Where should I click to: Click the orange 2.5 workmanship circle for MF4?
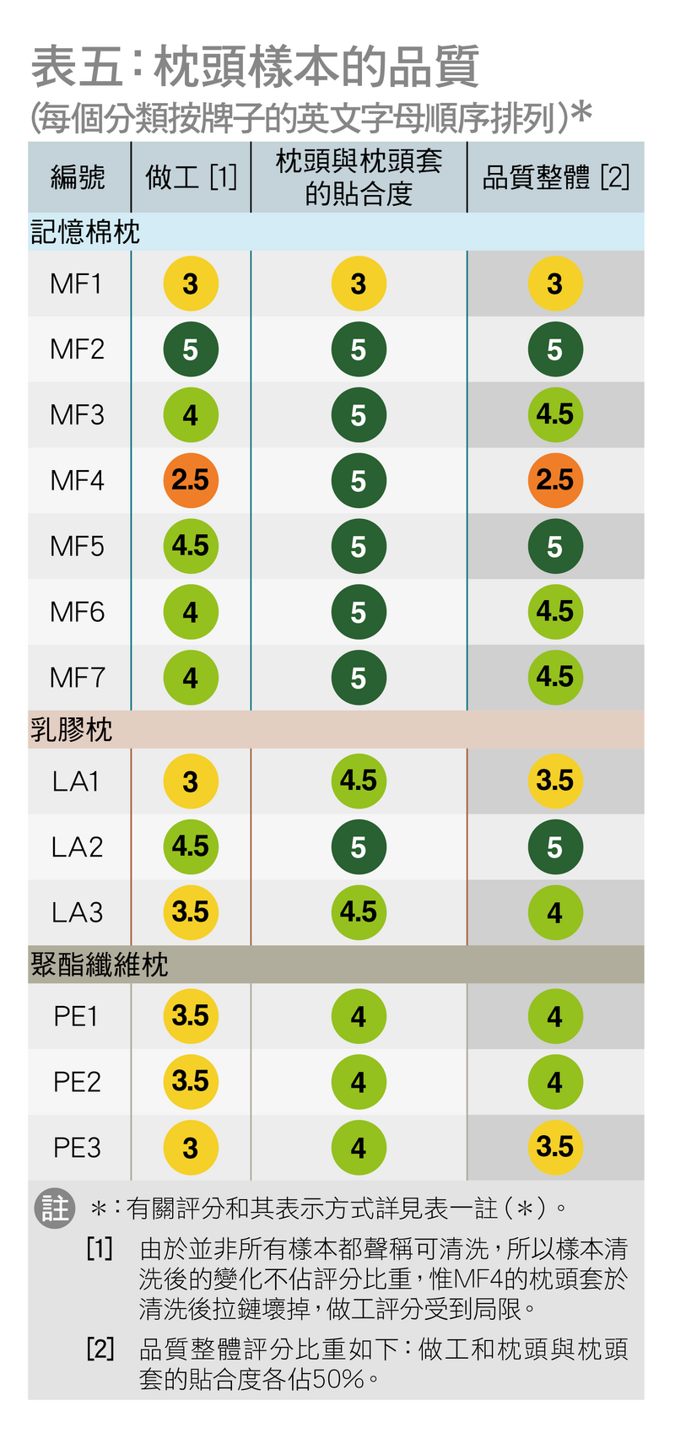191,480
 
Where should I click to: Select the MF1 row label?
77,284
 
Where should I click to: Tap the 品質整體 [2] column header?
555,177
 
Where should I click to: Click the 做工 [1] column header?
191,177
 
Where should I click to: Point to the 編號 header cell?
78,177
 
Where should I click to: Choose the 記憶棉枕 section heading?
85,232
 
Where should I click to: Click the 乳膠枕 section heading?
72,729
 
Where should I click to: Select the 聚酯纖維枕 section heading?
100,965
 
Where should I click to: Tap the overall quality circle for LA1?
555,781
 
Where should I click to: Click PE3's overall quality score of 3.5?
555,1147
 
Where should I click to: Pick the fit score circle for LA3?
359,912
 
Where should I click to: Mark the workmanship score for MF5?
191,546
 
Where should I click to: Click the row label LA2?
77,846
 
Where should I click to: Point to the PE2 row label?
77,1081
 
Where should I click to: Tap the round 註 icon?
55,1208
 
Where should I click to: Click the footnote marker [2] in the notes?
100,1349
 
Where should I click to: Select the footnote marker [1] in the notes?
100,1248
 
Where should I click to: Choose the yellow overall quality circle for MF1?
555,284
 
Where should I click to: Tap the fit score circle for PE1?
359,1016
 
